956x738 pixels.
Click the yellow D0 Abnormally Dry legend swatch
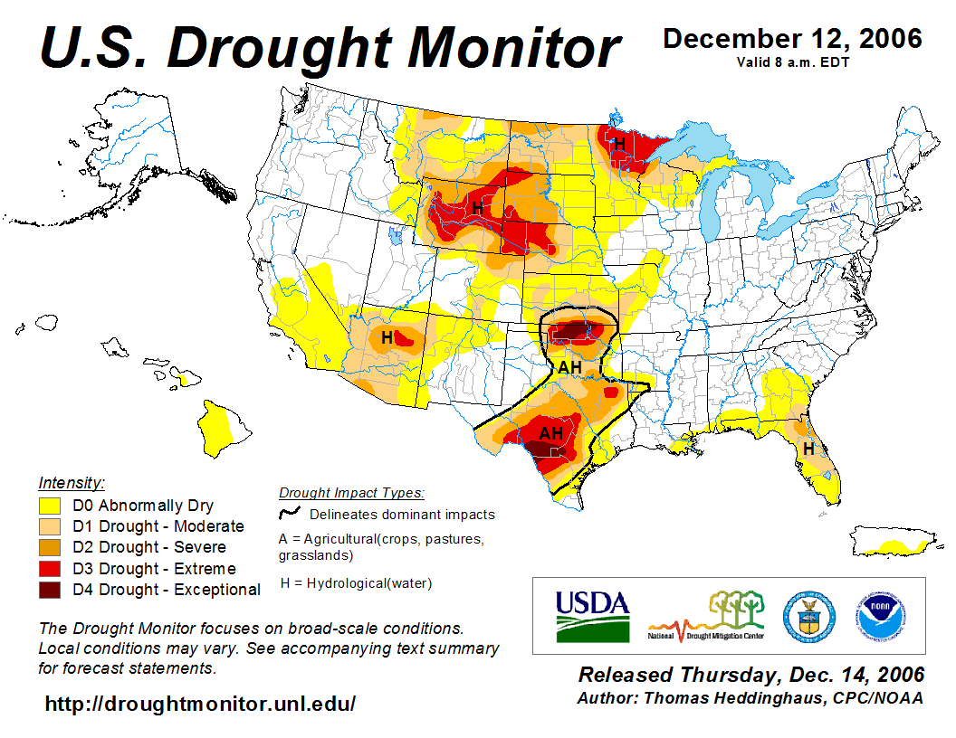(49, 506)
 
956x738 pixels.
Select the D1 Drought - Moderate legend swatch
(49, 526)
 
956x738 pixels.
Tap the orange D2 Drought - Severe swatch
(49, 547)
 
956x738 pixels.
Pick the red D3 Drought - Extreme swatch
(49, 569)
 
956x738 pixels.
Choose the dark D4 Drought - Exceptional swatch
(49, 590)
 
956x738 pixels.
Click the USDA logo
(592, 616)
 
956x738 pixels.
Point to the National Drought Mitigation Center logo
(706, 616)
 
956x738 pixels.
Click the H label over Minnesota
(620, 143)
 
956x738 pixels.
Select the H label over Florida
(808, 449)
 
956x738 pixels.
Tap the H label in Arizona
(387, 337)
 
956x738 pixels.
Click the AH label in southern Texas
(551, 433)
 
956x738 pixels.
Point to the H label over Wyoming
(476, 209)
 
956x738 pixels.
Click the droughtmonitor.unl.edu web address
(201, 703)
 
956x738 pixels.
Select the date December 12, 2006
(792, 39)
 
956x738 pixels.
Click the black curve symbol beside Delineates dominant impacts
(290, 514)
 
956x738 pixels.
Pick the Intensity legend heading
(72, 483)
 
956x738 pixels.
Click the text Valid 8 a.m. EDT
(792, 62)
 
